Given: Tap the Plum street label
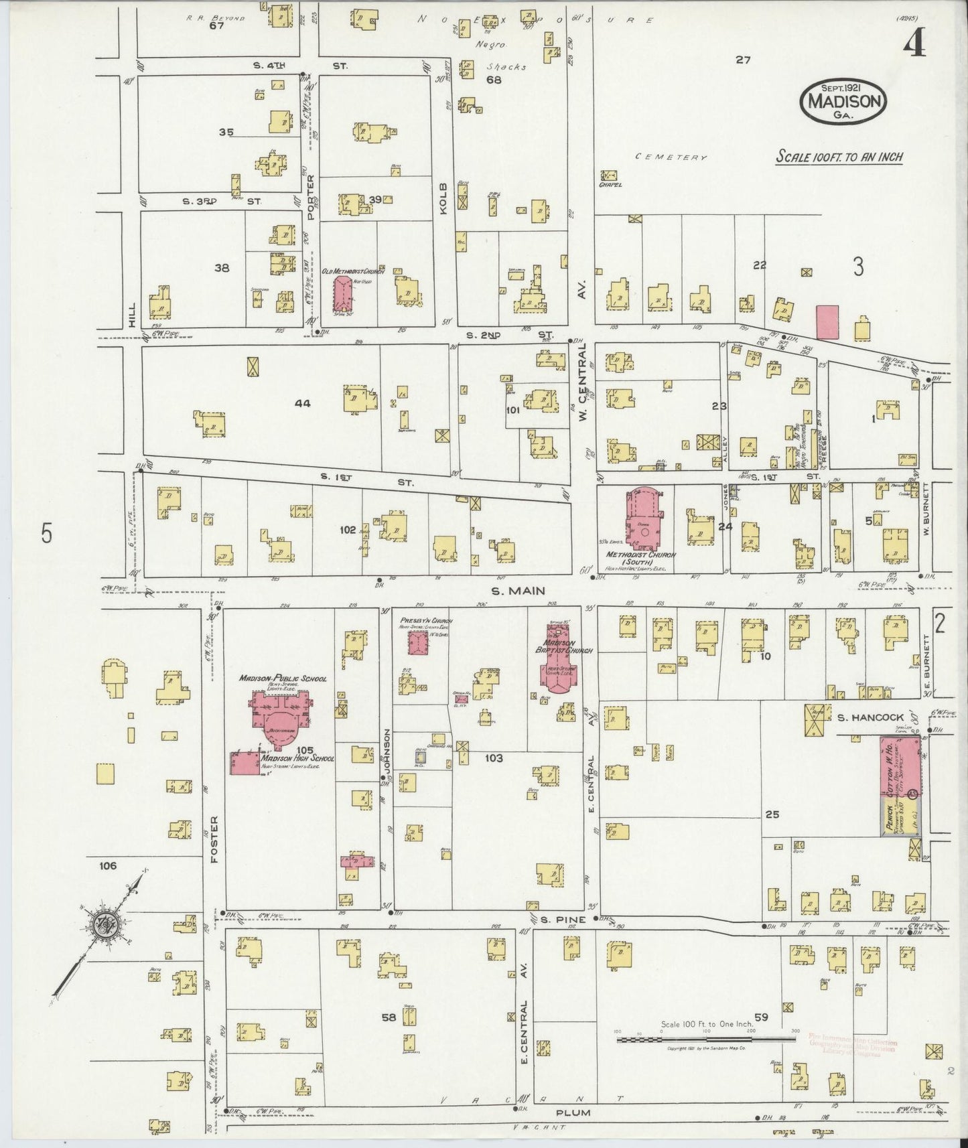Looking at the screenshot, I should click(x=572, y=1113).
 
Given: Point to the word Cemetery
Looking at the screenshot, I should click(x=672, y=157).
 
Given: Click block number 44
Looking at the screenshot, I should click(x=303, y=403).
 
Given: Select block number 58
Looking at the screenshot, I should click(x=389, y=1017).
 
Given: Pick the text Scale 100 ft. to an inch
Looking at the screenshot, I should click(x=839, y=157).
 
